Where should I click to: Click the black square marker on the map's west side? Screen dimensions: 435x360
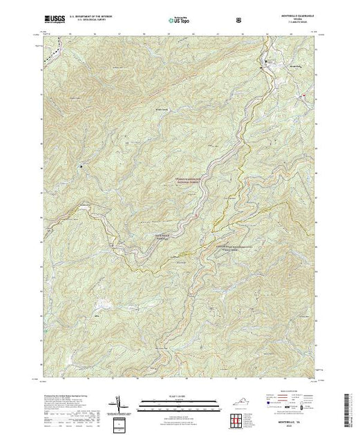tap(81, 166)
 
